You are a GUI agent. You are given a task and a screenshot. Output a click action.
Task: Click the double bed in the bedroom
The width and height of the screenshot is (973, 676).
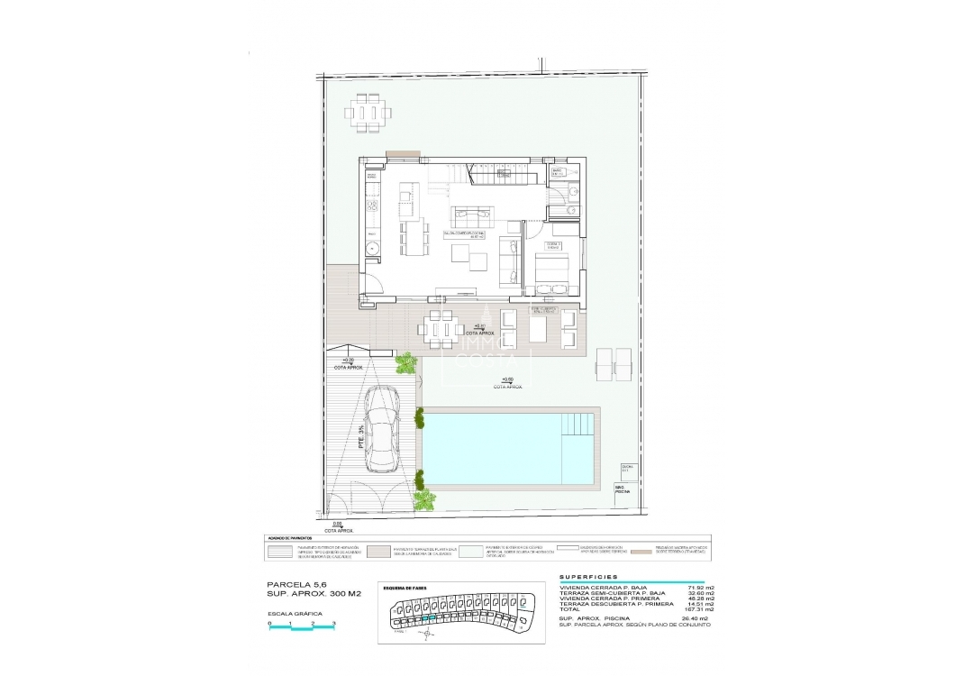click(550, 272)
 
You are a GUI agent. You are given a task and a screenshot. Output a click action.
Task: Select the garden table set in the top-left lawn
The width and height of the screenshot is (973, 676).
click(368, 112)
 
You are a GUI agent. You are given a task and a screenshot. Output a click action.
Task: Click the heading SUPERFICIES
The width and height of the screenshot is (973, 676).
click(588, 577)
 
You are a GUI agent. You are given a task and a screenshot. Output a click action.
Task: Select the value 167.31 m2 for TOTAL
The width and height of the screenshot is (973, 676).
click(698, 608)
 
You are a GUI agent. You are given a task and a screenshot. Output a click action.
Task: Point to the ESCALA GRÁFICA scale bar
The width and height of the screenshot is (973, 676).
click(302, 625)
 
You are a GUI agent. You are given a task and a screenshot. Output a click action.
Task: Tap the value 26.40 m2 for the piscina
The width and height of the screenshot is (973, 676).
click(698, 618)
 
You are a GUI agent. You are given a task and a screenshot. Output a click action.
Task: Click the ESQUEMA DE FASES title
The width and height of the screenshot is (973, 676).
click(405, 588)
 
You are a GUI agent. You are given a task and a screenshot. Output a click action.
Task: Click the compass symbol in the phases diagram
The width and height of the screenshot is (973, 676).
click(423, 635)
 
